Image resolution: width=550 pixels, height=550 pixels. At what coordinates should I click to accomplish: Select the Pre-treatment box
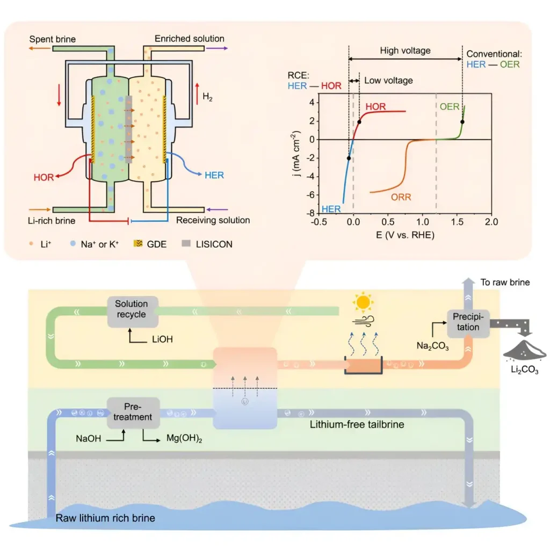tap(133, 412)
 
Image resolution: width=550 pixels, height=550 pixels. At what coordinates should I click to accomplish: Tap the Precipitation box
tap(468, 324)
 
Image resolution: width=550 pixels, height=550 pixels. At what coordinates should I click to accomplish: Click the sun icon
tap(363, 302)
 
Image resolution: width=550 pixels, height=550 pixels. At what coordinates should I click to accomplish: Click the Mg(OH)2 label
tap(184, 438)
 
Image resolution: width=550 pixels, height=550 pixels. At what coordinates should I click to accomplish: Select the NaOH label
tap(89, 438)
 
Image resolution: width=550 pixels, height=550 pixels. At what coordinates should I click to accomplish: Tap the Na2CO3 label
tap(432, 346)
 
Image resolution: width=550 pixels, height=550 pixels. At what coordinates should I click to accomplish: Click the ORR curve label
tap(401, 197)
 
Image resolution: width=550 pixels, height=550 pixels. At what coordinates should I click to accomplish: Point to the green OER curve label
tap(450, 107)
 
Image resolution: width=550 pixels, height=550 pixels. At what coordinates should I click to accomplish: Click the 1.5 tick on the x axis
tap(457, 222)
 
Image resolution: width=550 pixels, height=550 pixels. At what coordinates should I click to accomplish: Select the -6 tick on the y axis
tap(310, 195)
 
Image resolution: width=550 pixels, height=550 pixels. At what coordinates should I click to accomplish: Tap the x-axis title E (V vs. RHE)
tap(405, 235)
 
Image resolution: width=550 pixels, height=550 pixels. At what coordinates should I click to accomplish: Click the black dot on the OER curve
tap(462, 122)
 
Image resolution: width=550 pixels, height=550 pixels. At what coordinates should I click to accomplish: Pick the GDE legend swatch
tap(138, 243)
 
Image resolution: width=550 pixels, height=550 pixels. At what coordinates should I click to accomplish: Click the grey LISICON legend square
tap(186, 243)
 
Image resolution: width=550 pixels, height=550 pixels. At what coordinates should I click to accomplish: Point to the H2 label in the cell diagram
tap(207, 97)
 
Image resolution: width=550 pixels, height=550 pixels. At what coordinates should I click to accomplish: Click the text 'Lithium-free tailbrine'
tap(357, 424)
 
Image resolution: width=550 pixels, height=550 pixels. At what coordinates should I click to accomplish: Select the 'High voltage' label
tap(405, 50)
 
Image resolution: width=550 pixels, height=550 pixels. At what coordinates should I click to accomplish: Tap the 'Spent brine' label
tap(52, 39)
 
